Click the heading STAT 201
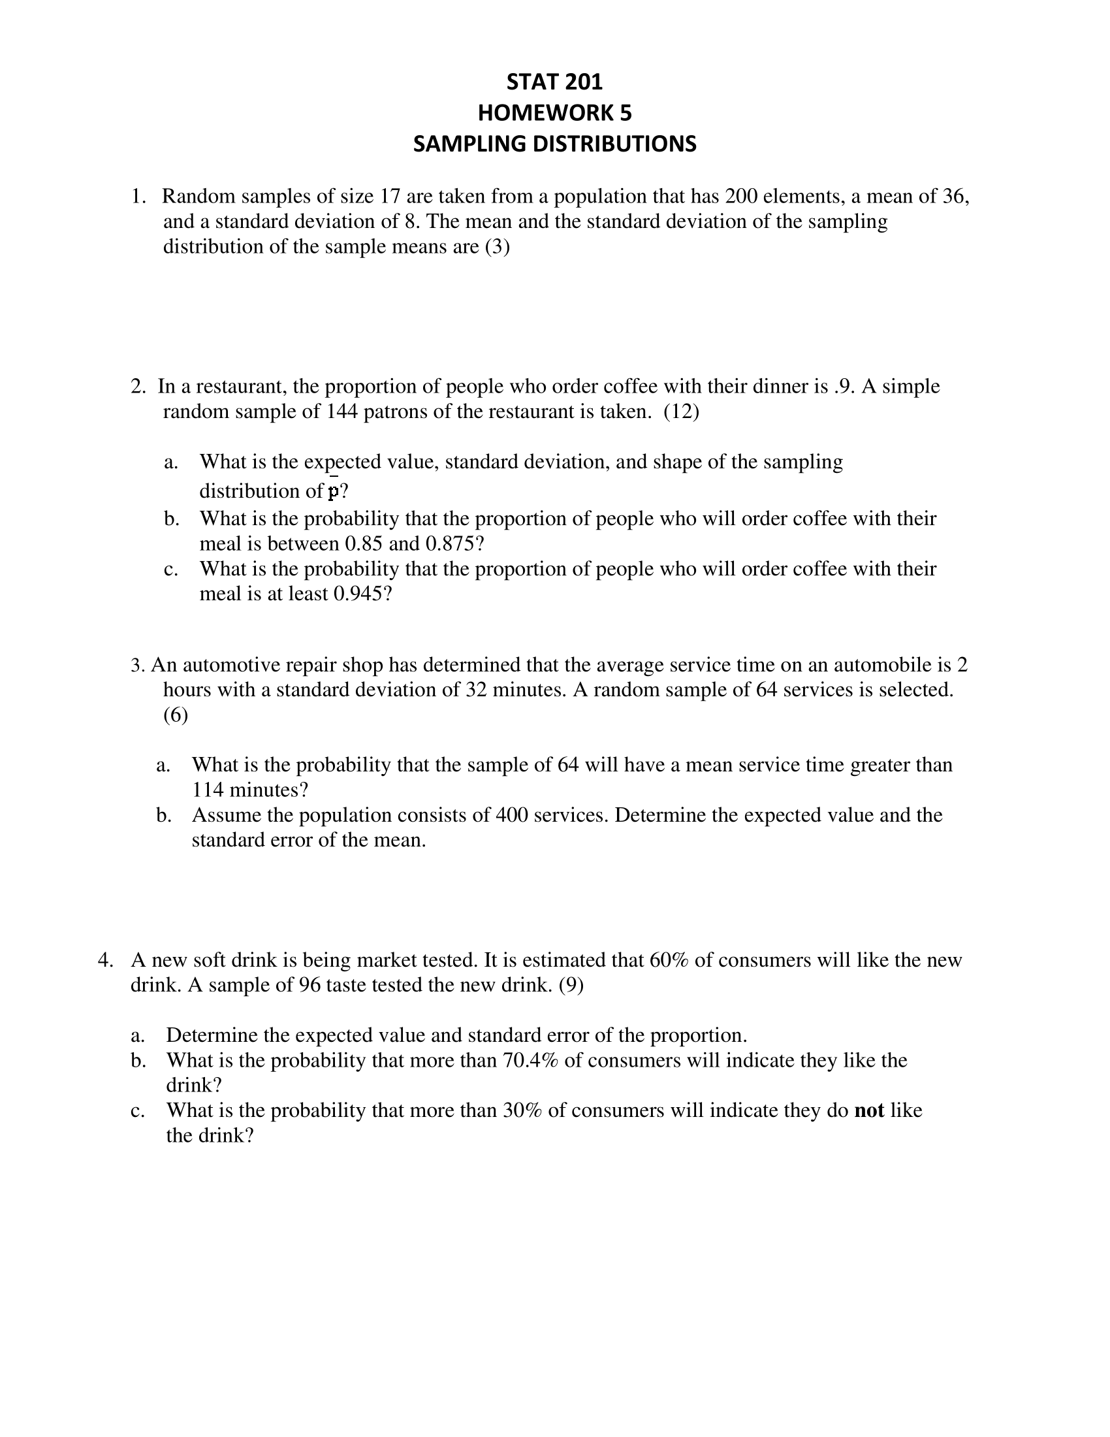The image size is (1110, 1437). click(x=554, y=82)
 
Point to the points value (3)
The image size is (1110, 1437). click(x=497, y=247)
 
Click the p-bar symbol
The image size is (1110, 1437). click(x=334, y=490)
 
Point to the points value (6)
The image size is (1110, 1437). click(x=176, y=715)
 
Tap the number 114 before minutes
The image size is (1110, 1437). click(x=208, y=789)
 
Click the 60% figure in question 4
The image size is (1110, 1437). click(x=669, y=960)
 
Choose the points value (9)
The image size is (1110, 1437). click(x=571, y=985)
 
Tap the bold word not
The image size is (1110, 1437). click(x=869, y=1110)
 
